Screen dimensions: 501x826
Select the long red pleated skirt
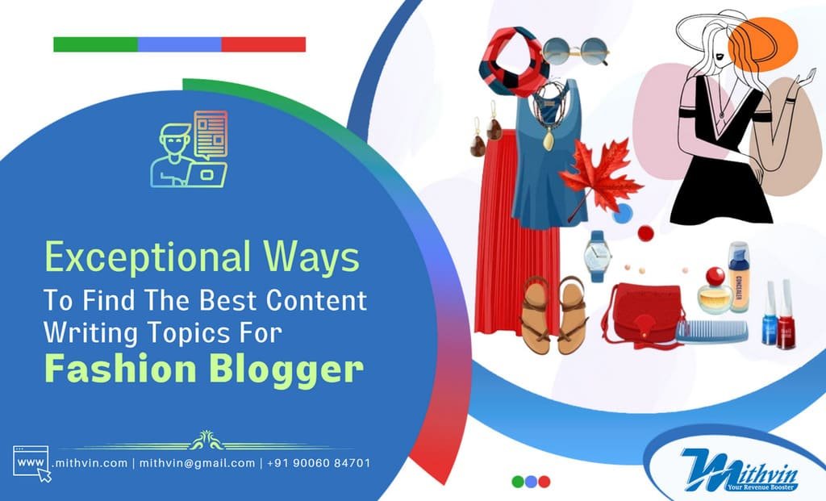504,242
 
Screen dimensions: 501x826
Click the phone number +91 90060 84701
320,463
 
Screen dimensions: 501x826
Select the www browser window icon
31,462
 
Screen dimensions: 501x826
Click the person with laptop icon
190,149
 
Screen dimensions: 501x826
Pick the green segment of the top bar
95,44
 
